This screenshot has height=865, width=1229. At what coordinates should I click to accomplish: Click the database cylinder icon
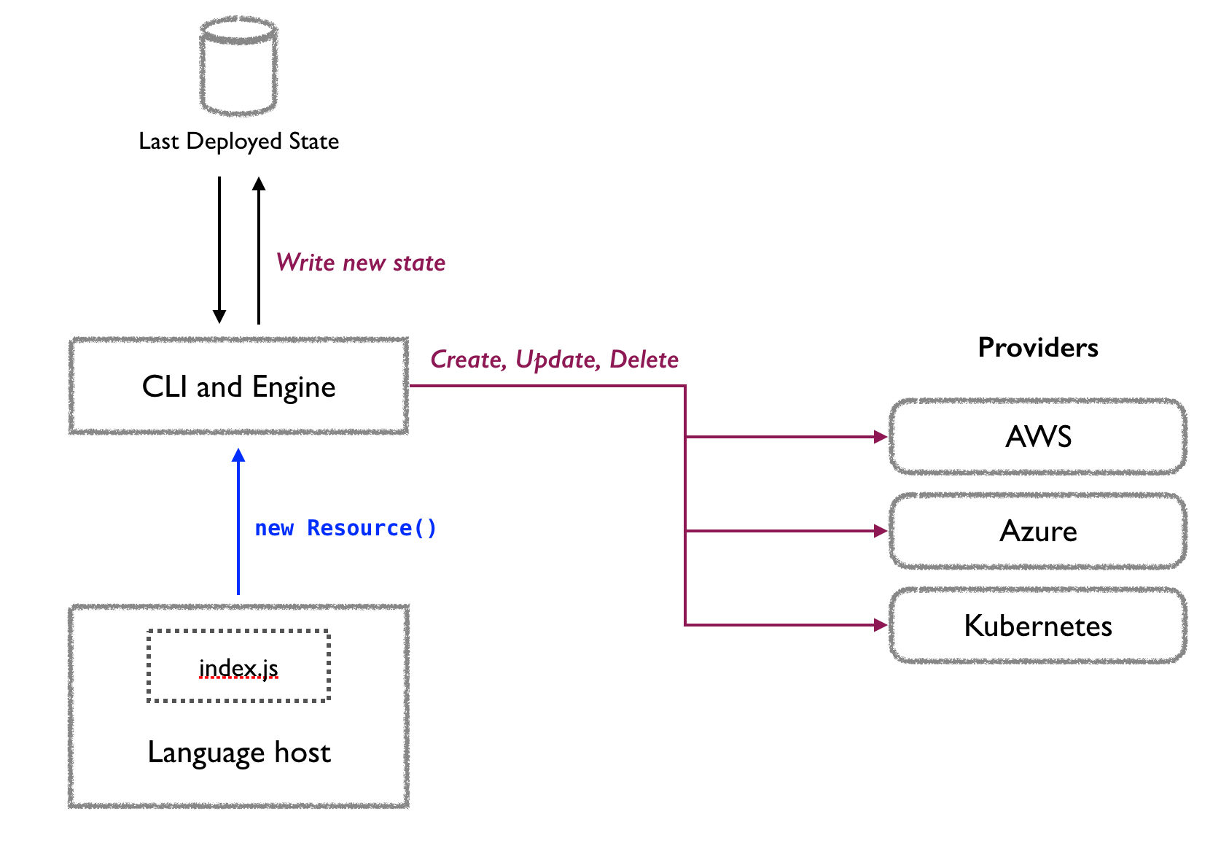(238, 66)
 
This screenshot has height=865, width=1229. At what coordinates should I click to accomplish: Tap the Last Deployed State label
(238, 141)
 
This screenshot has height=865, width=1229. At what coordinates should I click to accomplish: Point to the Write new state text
(360, 263)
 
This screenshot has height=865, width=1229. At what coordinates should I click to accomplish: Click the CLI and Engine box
(238, 386)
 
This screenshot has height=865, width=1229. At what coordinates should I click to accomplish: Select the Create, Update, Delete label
(554, 360)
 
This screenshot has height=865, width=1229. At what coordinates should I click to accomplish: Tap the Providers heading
(1037, 347)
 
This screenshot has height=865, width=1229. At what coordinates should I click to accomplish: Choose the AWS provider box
(1037, 436)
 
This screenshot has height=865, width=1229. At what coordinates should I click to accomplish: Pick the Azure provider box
(1037, 530)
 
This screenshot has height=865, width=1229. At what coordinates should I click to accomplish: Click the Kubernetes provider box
(1037, 625)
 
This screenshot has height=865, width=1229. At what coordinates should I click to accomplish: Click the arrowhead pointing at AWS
(880, 437)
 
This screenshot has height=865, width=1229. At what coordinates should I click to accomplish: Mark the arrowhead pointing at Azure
(880, 531)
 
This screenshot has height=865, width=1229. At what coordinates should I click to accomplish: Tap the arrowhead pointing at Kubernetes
(880, 625)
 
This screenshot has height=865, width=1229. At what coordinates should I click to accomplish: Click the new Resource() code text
(346, 527)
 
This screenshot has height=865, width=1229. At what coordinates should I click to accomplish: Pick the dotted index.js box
(238, 667)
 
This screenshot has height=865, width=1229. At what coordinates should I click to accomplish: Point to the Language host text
(238, 752)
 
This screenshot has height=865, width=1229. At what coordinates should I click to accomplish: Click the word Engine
(294, 387)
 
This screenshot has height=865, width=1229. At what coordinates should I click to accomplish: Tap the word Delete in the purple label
(644, 360)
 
